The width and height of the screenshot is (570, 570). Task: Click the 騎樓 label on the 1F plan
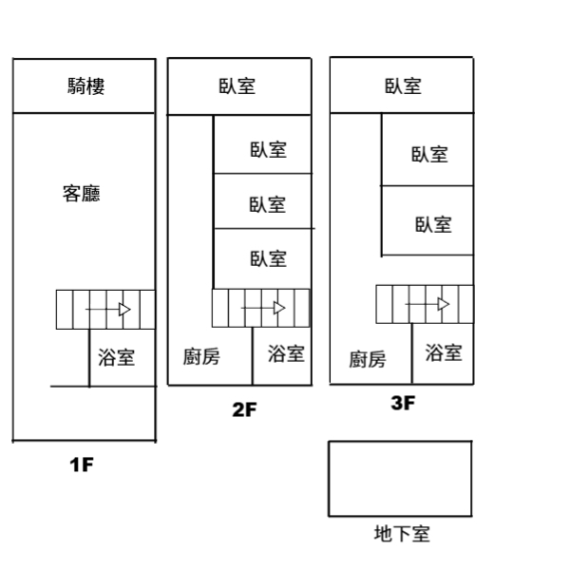pos(86,86)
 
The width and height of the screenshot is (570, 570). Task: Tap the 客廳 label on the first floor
pos(82,194)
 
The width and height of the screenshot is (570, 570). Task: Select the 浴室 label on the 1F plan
pos(116,357)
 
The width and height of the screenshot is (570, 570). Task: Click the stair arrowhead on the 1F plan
pos(124,310)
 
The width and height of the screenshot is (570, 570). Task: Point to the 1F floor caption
pos(82,465)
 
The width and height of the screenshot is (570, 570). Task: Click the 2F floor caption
pos(244,409)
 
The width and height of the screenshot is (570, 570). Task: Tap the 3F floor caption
pos(403,403)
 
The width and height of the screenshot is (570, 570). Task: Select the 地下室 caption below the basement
pos(402,534)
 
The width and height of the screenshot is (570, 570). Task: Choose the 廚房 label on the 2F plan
pos(201,356)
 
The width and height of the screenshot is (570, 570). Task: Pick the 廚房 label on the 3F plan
pos(367,359)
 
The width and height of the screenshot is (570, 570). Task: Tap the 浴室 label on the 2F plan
pos(286,353)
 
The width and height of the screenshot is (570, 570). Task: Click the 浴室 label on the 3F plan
pos(444,352)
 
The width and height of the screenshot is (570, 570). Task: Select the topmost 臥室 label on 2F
pos(237,86)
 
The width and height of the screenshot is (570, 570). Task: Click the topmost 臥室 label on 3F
pos(403,86)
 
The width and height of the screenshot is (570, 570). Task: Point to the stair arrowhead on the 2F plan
pos(279,308)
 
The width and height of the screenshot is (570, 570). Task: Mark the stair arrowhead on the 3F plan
pos(444,304)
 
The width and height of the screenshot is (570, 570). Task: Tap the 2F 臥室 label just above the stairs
pos(268,258)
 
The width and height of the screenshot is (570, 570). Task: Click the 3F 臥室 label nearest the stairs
pos(433,224)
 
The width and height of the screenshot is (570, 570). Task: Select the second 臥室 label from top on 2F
pos(268,150)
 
